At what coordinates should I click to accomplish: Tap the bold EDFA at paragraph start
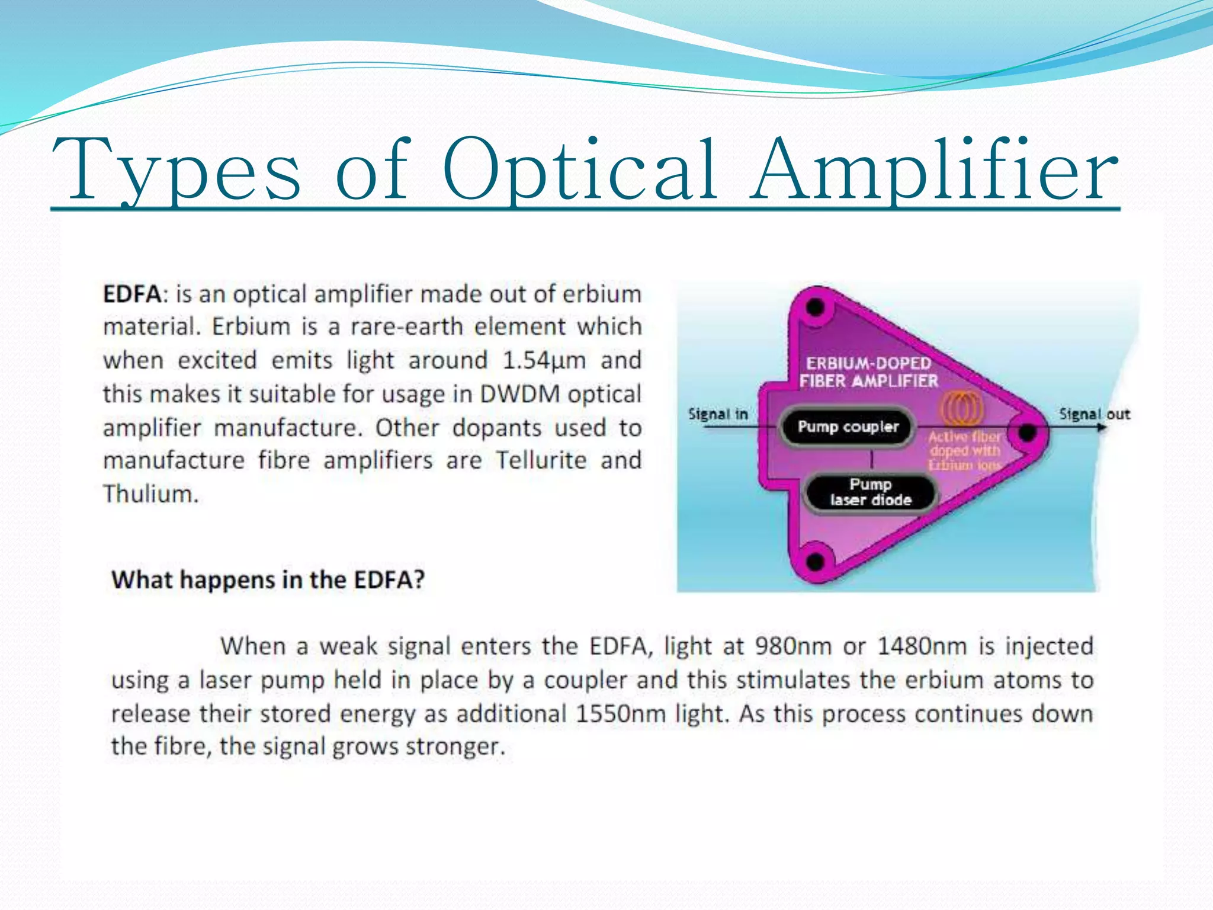click(x=131, y=294)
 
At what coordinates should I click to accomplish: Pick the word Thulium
click(x=150, y=494)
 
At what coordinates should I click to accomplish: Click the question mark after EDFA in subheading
click(x=419, y=579)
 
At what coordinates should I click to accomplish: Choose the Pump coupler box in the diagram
click(x=848, y=427)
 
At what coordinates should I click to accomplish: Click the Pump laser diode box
click(x=870, y=492)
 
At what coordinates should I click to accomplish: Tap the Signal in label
click(x=718, y=414)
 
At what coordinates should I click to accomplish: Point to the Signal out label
click(x=1094, y=414)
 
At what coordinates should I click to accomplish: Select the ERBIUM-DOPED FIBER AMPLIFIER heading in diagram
click(x=868, y=372)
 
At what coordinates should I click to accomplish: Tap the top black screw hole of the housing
click(x=816, y=307)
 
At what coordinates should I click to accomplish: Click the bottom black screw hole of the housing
click(x=815, y=560)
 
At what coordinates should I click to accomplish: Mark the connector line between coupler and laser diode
click(x=871, y=460)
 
